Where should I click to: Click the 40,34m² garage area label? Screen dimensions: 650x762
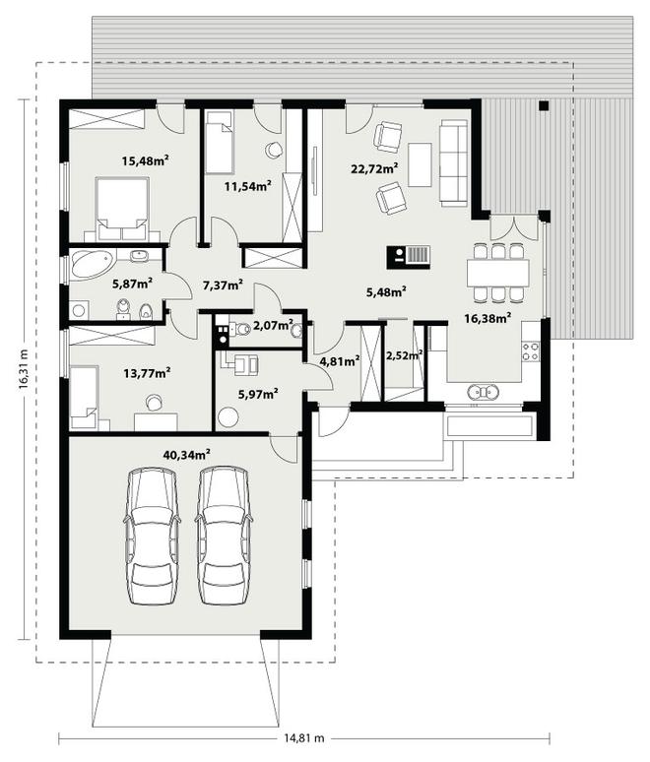click(187, 455)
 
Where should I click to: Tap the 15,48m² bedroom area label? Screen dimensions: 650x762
click(146, 159)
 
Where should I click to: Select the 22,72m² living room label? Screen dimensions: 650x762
click(375, 168)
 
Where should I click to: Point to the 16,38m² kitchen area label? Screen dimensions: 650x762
click(487, 318)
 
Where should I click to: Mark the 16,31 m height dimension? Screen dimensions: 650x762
click(23, 369)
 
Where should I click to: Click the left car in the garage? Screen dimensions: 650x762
click(152, 536)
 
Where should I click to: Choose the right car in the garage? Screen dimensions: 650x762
click(224, 536)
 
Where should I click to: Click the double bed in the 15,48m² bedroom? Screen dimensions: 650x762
click(122, 209)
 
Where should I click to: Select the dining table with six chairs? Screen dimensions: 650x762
click(497, 273)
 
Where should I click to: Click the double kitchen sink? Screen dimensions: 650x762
click(483, 391)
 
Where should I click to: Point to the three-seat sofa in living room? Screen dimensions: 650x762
click(454, 162)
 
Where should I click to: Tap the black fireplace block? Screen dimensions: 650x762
click(409, 257)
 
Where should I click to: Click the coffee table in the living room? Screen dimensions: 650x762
click(420, 164)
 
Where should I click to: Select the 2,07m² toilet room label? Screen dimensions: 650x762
click(273, 325)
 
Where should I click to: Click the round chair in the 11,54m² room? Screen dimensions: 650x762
click(274, 150)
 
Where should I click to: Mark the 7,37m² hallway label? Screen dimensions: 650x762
click(223, 285)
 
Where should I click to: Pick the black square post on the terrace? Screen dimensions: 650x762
click(544, 105)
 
